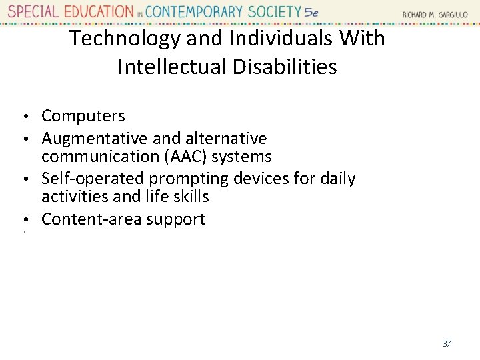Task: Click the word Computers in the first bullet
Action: click(x=83, y=116)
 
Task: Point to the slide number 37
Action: click(x=447, y=343)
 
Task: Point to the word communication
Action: click(x=89, y=157)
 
